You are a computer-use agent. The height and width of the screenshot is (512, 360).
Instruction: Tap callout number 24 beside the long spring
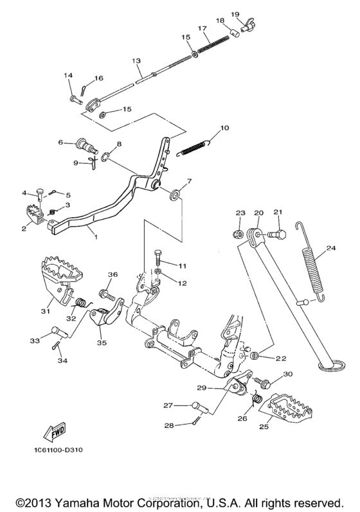tap(331, 248)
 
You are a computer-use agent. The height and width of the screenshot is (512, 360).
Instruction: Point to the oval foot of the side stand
tap(332, 366)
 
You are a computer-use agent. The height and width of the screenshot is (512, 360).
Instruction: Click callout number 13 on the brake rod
tap(136, 60)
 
